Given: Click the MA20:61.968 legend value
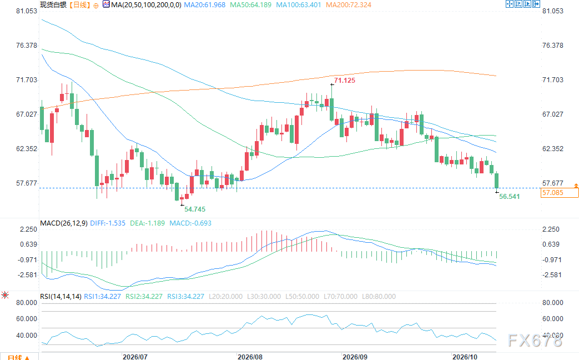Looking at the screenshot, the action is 205,5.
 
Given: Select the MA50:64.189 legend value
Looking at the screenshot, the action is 251,5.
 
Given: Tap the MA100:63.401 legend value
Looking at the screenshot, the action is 299,5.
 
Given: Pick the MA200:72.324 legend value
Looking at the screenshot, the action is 349,5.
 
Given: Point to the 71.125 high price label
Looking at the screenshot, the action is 345,80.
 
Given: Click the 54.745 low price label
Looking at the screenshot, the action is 195,209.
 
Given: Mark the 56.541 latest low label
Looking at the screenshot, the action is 510,197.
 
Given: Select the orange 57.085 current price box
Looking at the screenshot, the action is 560,193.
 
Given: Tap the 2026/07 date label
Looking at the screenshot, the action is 135,357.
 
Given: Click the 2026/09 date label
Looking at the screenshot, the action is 355,357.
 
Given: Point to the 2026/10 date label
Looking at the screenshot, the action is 465,357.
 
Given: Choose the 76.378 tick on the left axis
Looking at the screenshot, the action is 27,46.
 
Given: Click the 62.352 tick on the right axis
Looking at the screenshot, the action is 553,148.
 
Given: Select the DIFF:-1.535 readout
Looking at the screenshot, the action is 108,223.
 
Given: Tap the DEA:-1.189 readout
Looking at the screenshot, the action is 147,223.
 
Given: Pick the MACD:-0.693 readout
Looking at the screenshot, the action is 190,223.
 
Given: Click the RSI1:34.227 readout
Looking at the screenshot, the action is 103,297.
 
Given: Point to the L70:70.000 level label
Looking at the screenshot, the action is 340,297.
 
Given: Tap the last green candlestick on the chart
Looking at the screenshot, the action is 497,181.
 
